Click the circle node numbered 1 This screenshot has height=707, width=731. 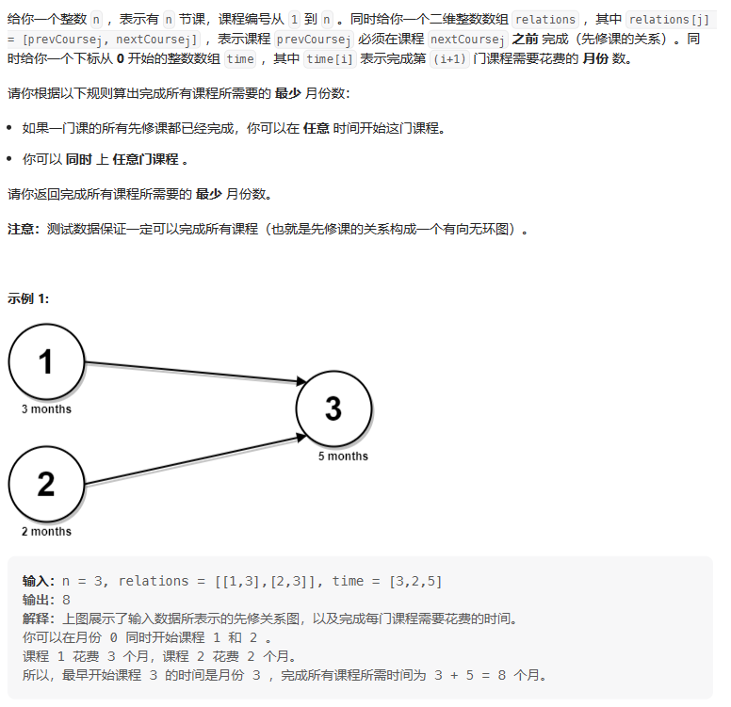[46, 362]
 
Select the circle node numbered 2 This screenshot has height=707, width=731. [46, 485]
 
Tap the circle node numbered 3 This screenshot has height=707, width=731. [333, 410]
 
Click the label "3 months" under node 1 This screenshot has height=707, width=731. [46, 410]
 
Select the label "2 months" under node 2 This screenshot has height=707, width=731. [46, 532]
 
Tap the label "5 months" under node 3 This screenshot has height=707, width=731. [343, 457]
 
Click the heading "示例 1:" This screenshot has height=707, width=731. [29, 298]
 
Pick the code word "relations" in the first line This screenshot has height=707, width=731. [546, 19]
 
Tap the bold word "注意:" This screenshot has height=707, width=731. [24, 229]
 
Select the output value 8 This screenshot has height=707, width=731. [67, 600]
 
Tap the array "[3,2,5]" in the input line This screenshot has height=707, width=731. [415, 581]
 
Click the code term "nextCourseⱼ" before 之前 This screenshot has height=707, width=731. [466, 39]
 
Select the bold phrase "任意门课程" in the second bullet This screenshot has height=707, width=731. [144, 160]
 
